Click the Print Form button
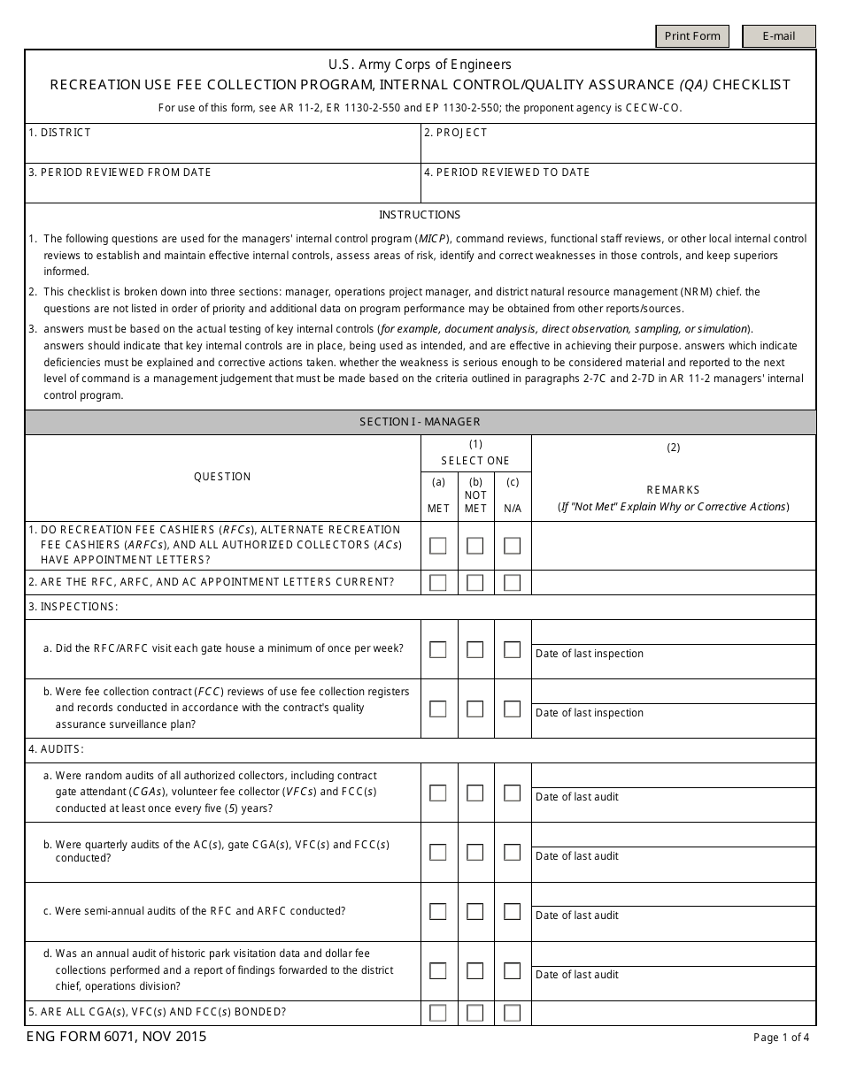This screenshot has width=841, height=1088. point(692,36)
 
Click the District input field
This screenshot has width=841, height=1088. point(223,148)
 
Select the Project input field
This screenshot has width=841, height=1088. point(618,148)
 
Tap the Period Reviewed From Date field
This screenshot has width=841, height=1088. point(223,188)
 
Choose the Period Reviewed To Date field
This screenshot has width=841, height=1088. point(618,188)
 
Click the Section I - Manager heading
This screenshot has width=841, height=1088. point(420,422)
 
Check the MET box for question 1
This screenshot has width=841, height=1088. point(438,546)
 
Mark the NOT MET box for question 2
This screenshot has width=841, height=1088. point(475,583)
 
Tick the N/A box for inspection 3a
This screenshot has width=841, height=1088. point(512,649)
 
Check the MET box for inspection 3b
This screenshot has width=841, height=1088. point(438,709)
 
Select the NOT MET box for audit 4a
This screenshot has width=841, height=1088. point(475,793)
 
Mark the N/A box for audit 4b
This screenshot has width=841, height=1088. point(512,852)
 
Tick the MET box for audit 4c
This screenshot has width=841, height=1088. point(438,911)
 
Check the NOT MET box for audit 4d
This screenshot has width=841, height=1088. point(475,970)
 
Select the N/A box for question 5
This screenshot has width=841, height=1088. point(512,1013)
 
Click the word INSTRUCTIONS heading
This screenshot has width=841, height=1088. point(420,215)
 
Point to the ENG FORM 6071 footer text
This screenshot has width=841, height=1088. point(117,1037)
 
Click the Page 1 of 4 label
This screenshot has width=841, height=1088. point(780,1038)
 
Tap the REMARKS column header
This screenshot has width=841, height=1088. point(673,489)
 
